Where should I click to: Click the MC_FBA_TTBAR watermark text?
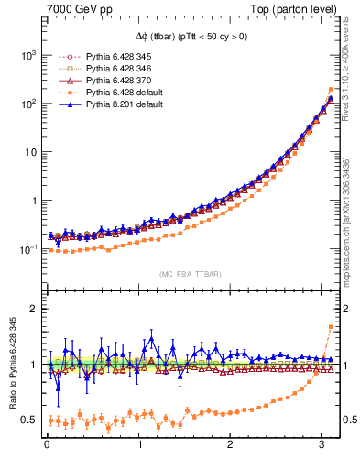click(190, 274)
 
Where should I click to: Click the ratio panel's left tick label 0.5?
click(27, 420)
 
